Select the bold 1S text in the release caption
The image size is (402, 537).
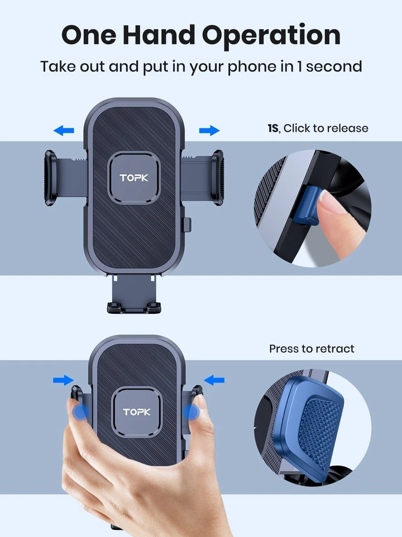(272, 128)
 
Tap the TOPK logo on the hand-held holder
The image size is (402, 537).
(137, 412)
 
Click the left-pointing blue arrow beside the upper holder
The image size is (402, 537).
(64, 131)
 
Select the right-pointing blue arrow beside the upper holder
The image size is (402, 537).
(209, 131)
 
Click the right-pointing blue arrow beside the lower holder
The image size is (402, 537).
(63, 380)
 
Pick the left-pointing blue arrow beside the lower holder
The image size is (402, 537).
(214, 380)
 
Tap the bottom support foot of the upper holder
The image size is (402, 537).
(135, 307)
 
